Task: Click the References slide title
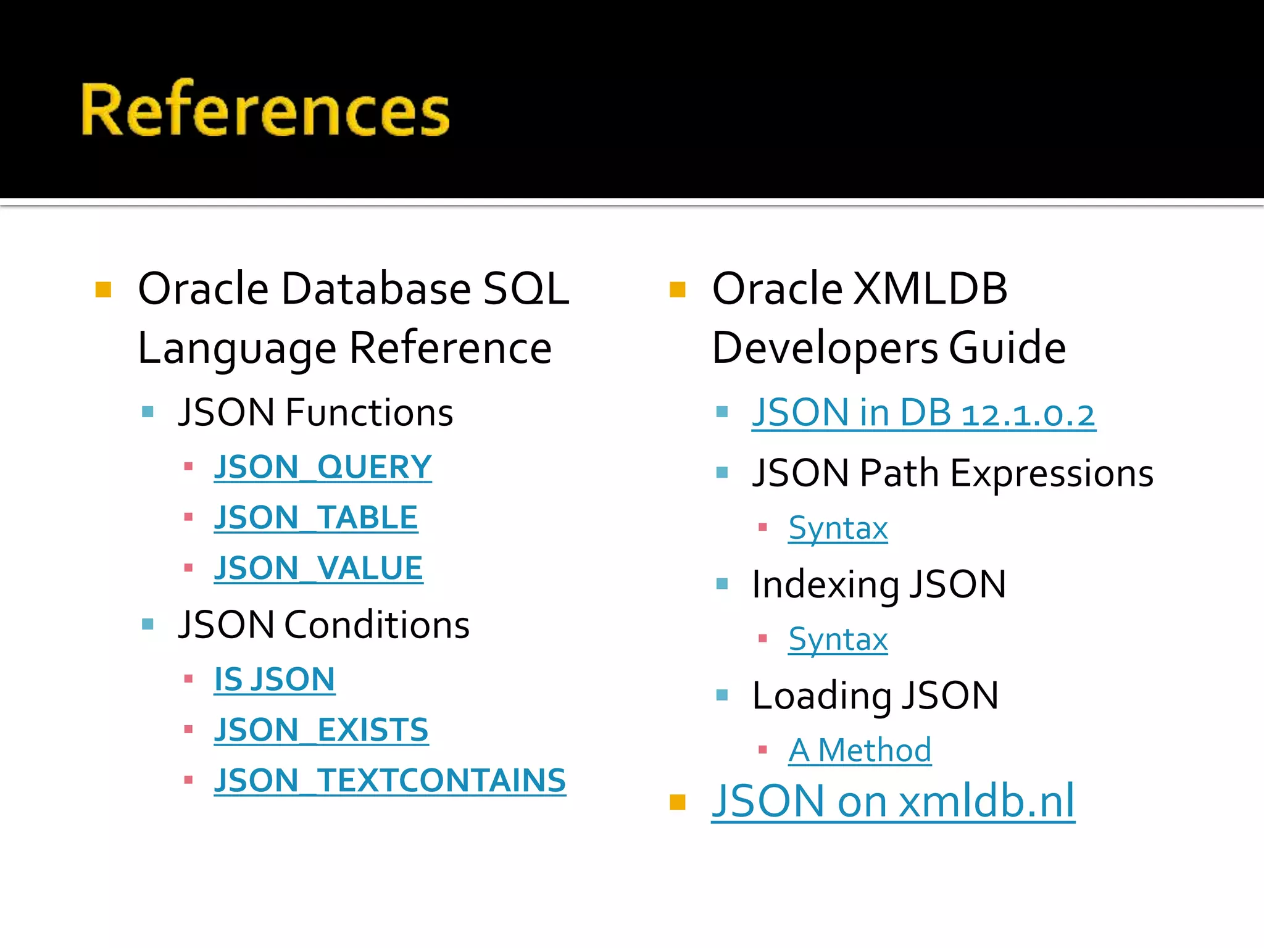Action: (265, 110)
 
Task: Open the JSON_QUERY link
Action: (322, 467)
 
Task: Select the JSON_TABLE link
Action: (315, 518)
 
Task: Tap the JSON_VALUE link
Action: (318, 568)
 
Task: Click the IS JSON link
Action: (274, 680)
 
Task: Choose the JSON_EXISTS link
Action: (321, 731)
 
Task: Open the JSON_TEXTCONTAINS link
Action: (389, 781)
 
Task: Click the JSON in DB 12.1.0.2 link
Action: (923, 413)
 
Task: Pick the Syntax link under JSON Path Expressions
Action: (838, 528)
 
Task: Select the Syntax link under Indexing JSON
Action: (838, 639)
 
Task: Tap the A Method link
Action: (860, 751)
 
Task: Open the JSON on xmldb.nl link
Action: (892, 801)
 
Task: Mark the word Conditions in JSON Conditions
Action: (376, 625)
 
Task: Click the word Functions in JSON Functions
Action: (368, 413)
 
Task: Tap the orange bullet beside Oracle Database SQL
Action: (103, 289)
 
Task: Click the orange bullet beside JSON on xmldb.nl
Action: (677, 802)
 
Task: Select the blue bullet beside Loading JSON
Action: (722, 696)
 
